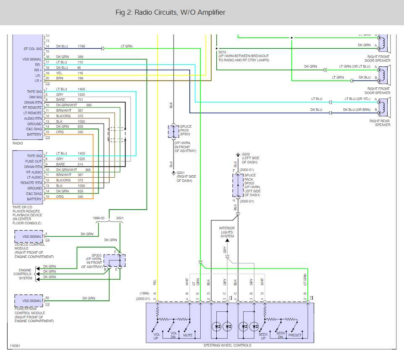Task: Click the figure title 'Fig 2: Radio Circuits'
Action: pyautogui.click(x=170, y=13)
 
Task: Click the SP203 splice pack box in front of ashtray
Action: pyautogui.click(x=173, y=131)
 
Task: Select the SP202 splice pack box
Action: pyautogui.click(x=238, y=185)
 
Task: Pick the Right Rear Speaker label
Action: pyautogui.click(x=380, y=123)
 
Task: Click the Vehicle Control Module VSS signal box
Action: pyautogui.click(x=29, y=236)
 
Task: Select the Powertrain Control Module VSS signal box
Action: pyautogui.click(x=29, y=301)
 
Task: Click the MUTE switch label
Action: pyautogui.click(x=188, y=335)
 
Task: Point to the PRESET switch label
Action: pyautogui.click(x=295, y=335)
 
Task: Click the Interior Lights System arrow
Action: pyautogui.click(x=227, y=240)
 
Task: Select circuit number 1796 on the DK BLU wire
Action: pyautogui.click(x=81, y=46)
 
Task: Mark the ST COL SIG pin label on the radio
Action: pyautogui.click(x=32, y=49)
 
